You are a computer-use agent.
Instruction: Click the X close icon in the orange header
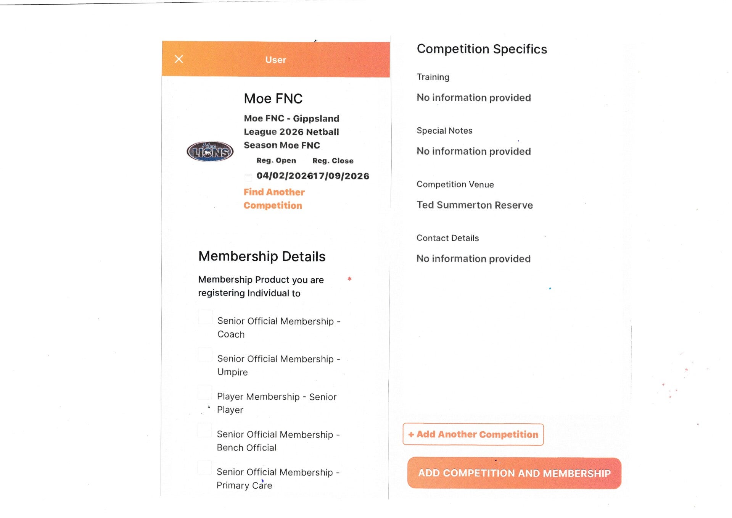coord(179,59)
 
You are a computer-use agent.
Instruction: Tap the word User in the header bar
coord(275,60)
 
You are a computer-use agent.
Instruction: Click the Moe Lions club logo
coord(210,152)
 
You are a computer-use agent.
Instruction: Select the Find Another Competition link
coord(274,198)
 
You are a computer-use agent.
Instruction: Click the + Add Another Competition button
coord(473,434)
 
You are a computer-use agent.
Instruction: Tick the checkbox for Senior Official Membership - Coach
coord(205,317)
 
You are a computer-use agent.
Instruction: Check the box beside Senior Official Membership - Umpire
coord(205,355)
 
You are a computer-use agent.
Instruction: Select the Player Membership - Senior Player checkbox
coord(205,392)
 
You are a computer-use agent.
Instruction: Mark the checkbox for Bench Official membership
coord(205,430)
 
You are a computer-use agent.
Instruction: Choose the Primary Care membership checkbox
coord(204,468)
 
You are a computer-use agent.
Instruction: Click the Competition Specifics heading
coord(482,49)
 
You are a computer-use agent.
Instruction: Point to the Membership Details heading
coord(262,256)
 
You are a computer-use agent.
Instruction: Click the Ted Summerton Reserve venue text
coord(475,205)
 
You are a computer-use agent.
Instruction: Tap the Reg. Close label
coord(333,161)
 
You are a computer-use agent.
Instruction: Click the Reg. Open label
coord(276,160)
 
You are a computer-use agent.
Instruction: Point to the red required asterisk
coord(349,279)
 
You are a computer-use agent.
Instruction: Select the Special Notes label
coord(444,131)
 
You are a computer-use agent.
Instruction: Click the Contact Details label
coord(447,238)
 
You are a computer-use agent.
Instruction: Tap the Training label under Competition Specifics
coord(433,77)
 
